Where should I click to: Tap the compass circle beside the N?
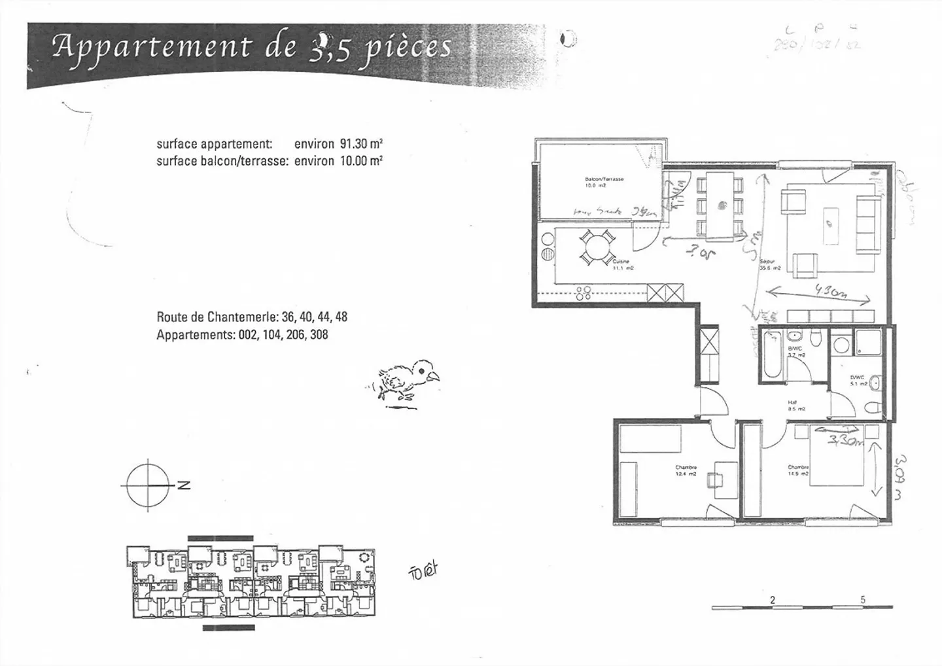pyautogui.click(x=148, y=485)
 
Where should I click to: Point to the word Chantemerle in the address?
pyautogui.click(x=244, y=317)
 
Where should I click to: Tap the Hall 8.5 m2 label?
pyautogui.click(x=795, y=406)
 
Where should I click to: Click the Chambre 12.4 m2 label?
pyautogui.click(x=686, y=470)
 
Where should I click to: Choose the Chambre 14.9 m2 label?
pyautogui.click(x=798, y=470)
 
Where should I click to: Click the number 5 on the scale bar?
pyautogui.click(x=863, y=600)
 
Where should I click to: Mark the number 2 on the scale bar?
pyautogui.click(x=773, y=600)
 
